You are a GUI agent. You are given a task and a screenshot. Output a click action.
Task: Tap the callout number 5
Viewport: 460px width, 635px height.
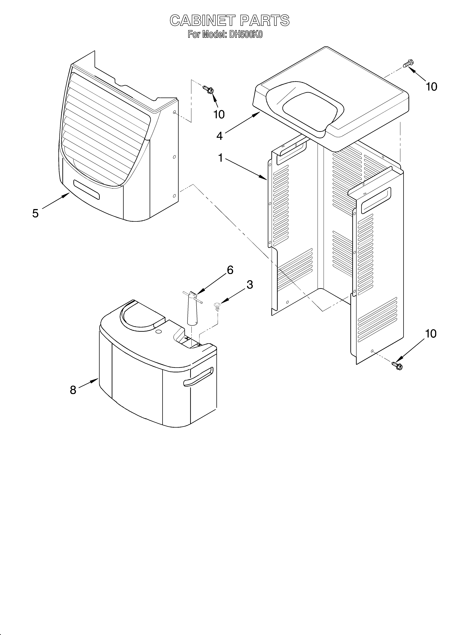coord(35,213)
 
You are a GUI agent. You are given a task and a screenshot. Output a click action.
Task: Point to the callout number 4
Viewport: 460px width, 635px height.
coord(220,136)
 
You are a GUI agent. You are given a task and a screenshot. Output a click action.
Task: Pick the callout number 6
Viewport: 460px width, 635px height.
coord(230,270)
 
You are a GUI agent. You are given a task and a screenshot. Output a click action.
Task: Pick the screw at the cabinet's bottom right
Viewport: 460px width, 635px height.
coord(397,365)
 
